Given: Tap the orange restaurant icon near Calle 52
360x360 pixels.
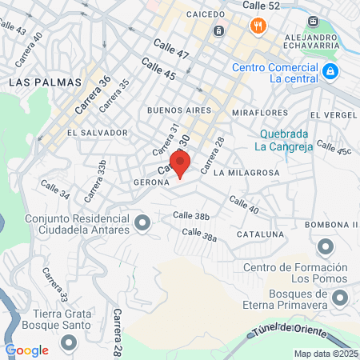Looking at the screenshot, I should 257,26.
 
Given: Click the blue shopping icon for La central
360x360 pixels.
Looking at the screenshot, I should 330,73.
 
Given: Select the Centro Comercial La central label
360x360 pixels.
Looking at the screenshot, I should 275,73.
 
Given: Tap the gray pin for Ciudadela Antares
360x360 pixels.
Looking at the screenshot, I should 142,222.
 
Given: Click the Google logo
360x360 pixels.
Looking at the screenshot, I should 26,350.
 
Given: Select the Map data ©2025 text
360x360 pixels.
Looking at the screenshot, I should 323,354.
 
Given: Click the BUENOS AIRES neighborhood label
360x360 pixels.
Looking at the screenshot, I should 179,110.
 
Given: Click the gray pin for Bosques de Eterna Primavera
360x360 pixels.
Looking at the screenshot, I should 341,299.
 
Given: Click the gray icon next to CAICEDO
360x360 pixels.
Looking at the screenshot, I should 218,31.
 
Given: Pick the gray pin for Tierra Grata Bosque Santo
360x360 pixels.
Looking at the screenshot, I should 67,342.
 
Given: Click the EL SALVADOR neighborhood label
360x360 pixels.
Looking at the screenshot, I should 98,132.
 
